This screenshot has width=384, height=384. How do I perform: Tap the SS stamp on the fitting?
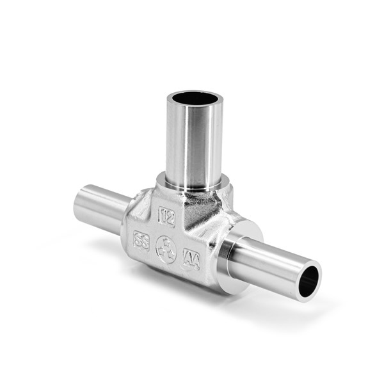pyautogui.click(x=141, y=241)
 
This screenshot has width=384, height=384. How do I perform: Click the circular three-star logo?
pyautogui.click(x=166, y=250)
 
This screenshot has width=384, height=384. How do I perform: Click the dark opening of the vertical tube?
pyautogui.click(x=195, y=99)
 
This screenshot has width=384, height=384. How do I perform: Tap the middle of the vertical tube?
pyautogui.click(x=193, y=144)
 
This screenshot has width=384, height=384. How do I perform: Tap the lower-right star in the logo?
pyautogui.click(x=170, y=253)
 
